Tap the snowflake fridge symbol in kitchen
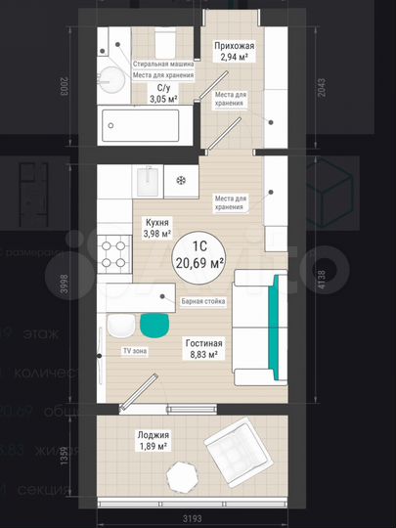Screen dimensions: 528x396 point(179,180)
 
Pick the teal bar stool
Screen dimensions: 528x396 point(154,327)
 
